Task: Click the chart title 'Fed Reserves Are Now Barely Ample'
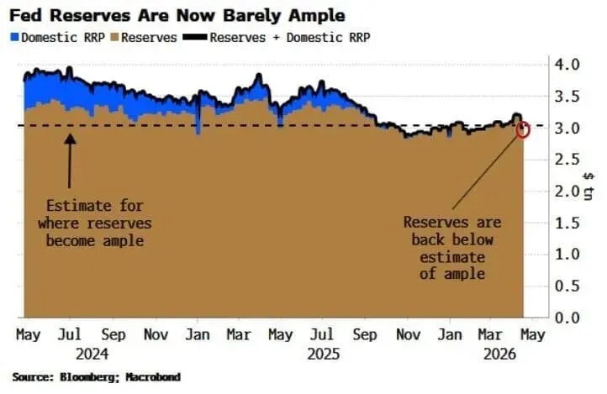tap(177, 16)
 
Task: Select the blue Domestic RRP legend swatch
tap(15, 38)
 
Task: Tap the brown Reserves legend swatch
tap(114, 38)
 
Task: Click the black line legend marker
tap(195, 37)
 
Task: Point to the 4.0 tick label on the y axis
tap(567, 64)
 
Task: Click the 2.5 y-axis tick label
tap(567, 160)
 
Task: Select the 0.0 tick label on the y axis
tap(567, 318)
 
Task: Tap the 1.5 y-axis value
tap(567, 223)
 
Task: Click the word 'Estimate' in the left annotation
tap(79, 206)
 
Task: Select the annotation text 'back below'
tap(452, 239)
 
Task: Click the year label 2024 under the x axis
tap(92, 355)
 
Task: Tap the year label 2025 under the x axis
tap(324, 355)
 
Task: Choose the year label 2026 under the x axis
tap(500, 355)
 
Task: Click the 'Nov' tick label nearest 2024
tap(156, 335)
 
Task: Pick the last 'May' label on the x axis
tap(533, 335)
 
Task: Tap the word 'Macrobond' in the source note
tap(153, 377)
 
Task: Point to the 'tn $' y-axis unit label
tap(589, 186)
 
